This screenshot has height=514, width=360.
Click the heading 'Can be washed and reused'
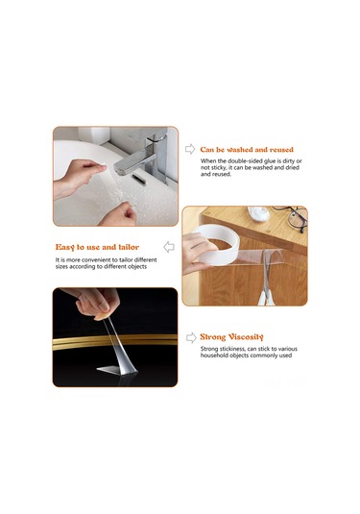pyautogui.click(x=247, y=150)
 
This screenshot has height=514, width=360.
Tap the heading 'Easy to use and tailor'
pyautogui.click(x=97, y=247)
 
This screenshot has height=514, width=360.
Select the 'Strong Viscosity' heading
pyautogui.click(x=231, y=337)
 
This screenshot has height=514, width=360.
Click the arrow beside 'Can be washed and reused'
pyautogui.click(x=190, y=149)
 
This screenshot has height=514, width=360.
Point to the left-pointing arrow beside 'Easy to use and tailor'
pyautogui.click(x=169, y=247)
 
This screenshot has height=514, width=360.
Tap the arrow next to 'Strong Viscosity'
pyautogui.click(x=191, y=337)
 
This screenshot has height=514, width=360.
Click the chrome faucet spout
pyautogui.click(x=134, y=165)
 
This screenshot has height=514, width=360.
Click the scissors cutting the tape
pyautogui.click(x=267, y=279)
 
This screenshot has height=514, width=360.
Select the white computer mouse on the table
pyautogui.click(x=258, y=213)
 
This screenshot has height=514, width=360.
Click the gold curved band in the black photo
pyautogui.click(x=115, y=342)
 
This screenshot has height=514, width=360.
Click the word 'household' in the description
pyautogui.click(x=214, y=355)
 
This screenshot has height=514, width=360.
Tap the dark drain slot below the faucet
pyautogui.click(x=139, y=179)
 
